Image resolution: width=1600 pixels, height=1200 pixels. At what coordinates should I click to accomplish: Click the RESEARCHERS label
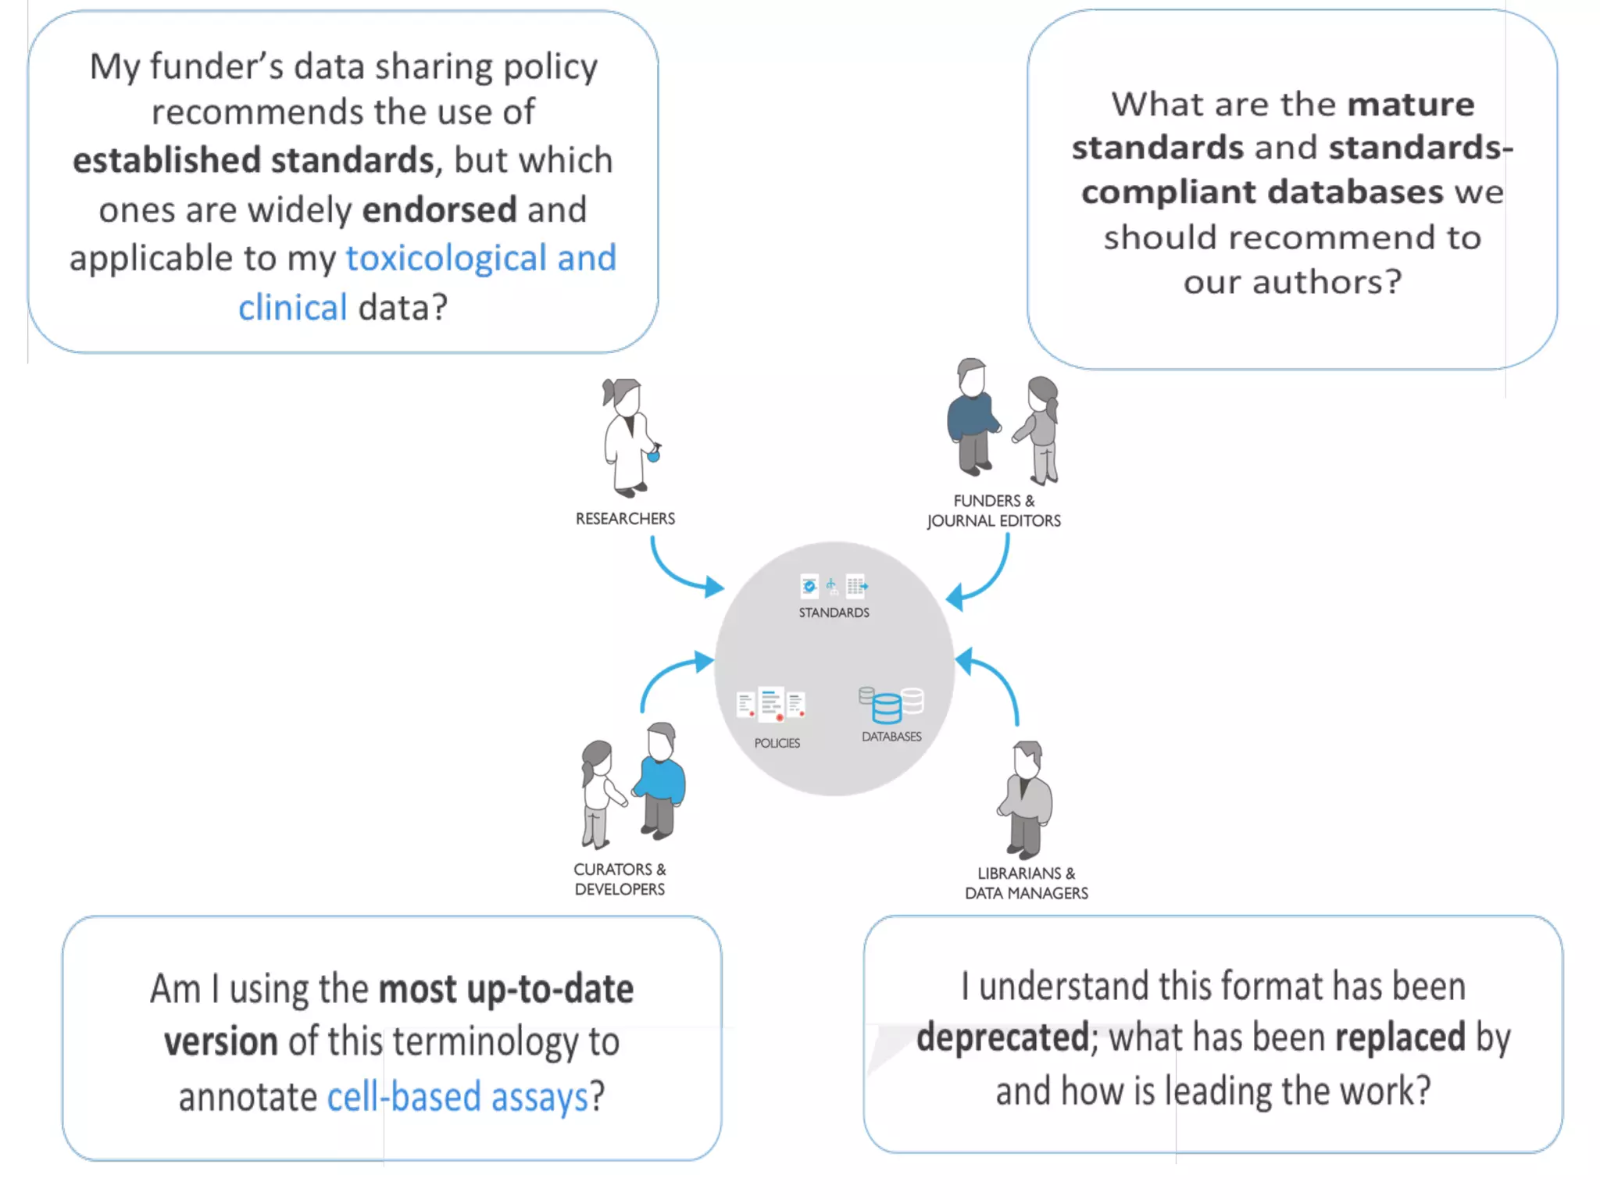[x=625, y=519]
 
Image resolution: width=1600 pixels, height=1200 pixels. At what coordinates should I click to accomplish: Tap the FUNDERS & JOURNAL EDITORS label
[x=994, y=511]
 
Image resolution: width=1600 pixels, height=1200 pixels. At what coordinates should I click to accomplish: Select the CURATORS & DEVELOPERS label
[x=620, y=879]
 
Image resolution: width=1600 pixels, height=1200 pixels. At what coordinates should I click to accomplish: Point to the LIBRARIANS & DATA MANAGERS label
[x=1026, y=883]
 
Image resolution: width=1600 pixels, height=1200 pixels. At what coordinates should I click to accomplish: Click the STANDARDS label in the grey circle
[x=834, y=612]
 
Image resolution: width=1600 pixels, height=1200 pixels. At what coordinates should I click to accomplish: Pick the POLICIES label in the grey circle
[x=777, y=743]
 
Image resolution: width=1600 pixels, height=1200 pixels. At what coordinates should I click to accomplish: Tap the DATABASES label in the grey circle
[x=891, y=736]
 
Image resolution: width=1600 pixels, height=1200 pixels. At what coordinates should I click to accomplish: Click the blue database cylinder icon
[x=887, y=709]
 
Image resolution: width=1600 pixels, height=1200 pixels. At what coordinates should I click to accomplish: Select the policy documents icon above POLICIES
[x=771, y=704]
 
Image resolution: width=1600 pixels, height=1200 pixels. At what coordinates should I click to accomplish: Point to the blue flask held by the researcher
[x=654, y=454]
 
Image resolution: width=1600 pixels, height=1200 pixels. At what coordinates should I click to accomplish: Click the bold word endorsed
[x=439, y=209]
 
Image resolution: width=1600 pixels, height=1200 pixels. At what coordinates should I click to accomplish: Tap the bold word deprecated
[x=1002, y=1037]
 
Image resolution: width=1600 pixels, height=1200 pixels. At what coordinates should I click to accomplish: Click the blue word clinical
[x=292, y=307]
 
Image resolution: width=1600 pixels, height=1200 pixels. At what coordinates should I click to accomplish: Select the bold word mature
[x=1410, y=104]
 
